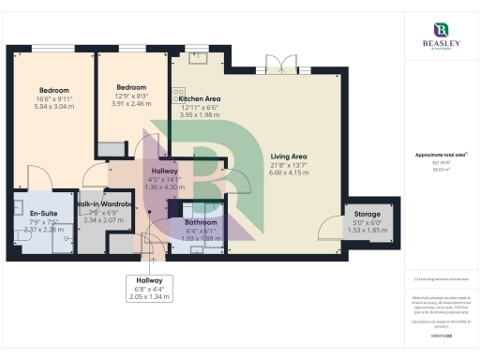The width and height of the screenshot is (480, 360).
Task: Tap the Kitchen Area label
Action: coord(198,98)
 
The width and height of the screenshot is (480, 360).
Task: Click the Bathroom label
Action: coord(201,222)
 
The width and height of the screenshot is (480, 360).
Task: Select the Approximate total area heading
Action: coord(441,155)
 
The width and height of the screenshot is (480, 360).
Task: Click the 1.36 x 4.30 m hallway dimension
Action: coord(164,187)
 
